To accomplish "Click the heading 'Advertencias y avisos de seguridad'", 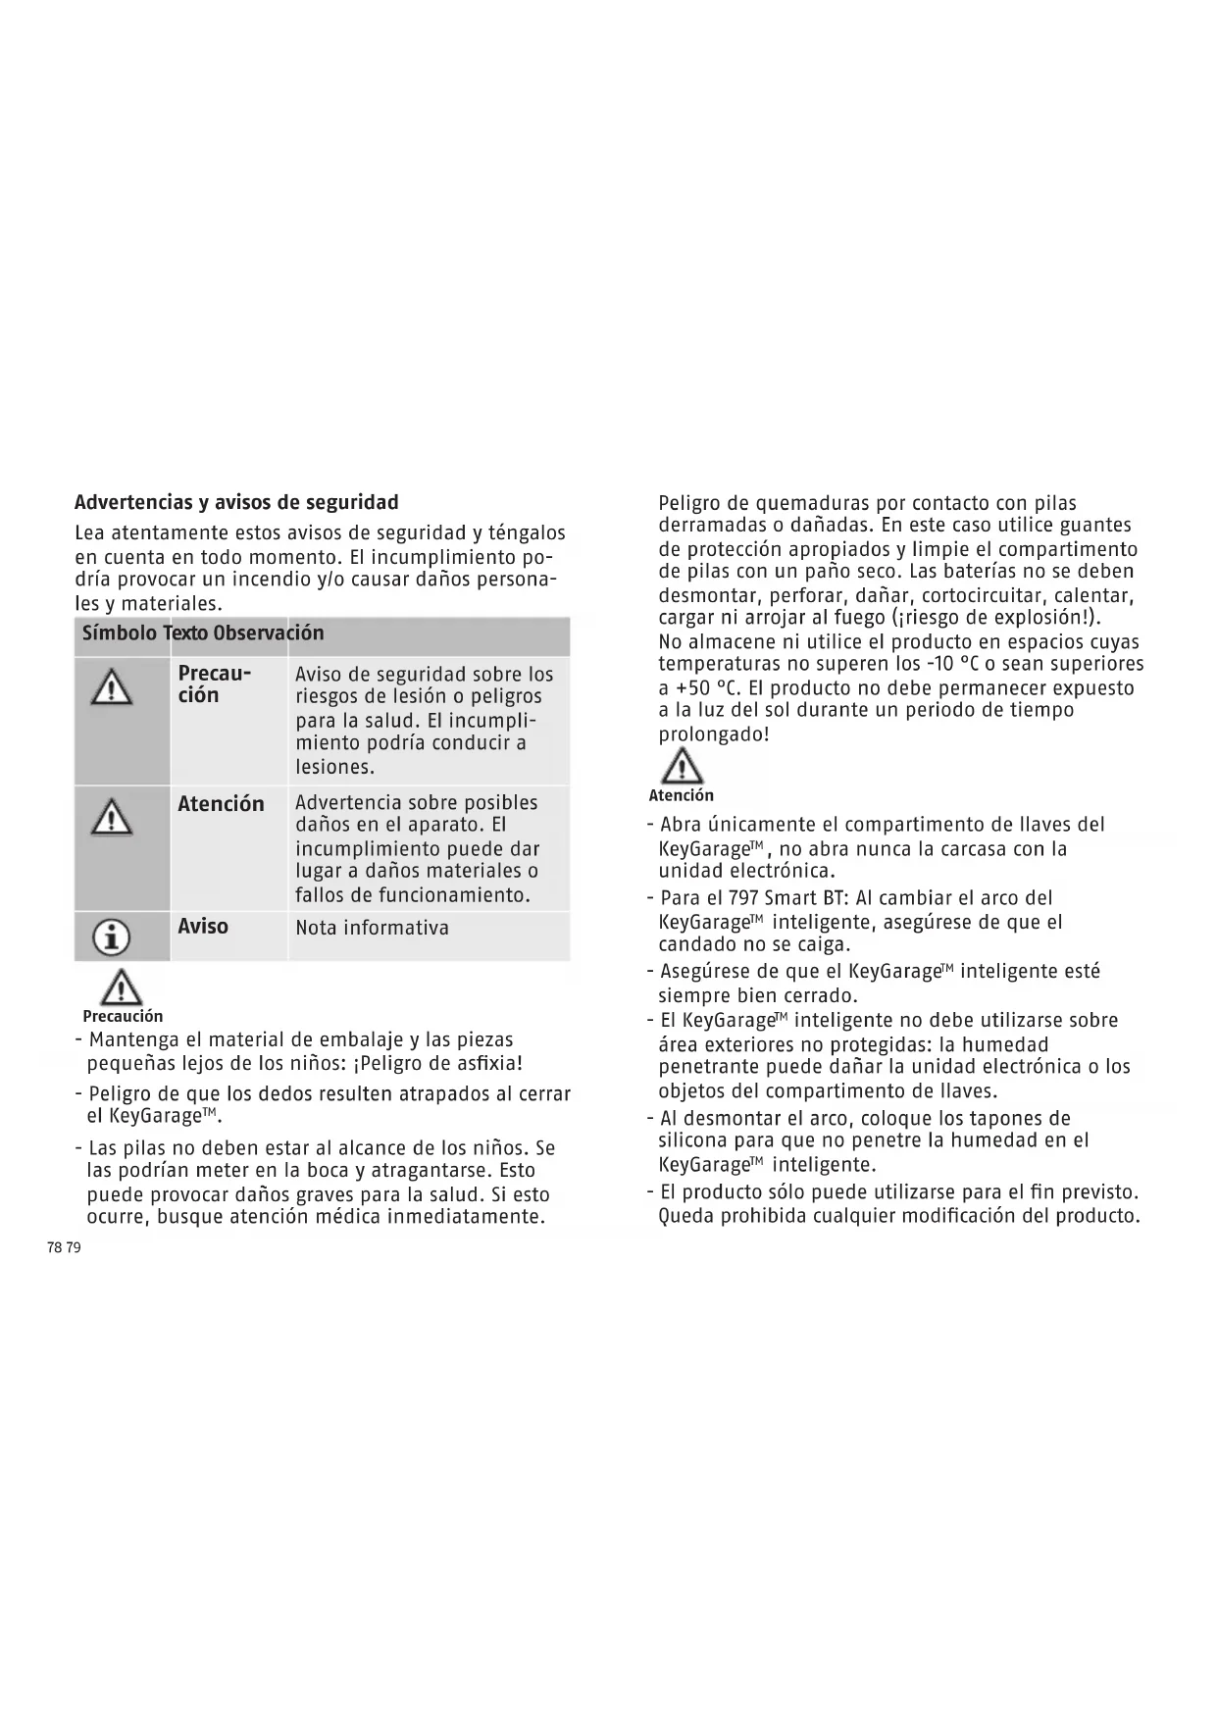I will click(236, 503).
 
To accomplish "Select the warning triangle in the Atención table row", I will click(112, 815).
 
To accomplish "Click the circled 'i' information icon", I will click(111, 938).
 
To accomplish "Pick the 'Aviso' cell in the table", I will click(203, 927).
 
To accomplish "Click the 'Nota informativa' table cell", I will click(372, 928).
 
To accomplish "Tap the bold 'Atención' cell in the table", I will click(221, 804).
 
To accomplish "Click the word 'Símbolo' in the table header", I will click(119, 633).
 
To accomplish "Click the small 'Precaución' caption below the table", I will click(123, 1017).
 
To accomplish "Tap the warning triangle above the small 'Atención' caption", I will click(681, 766).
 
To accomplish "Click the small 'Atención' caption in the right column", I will click(681, 795).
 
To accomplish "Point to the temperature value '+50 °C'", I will click(697, 688).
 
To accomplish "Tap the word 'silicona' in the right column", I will click(695, 1140).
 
